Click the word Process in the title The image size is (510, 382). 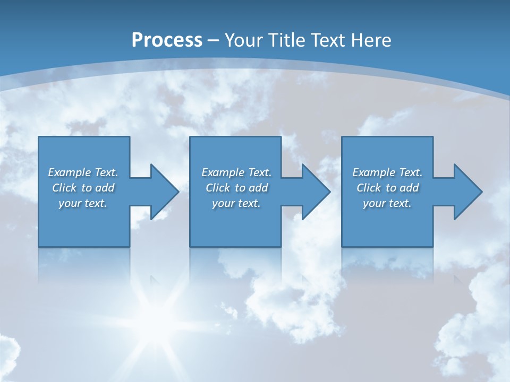[x=167, y=40]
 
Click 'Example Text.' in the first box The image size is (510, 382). [x=83, y=172]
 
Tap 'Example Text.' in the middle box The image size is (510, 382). [x=236, y=172]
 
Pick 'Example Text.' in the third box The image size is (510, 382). [x=387, y=172]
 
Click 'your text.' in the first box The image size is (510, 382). [x=83, y=203]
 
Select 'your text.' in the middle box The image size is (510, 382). [x=236, y=203]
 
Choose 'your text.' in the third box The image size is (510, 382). [x=387, y=203]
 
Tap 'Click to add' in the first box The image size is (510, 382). [x=83, y=188]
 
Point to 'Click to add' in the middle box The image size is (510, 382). [x=236, y=188]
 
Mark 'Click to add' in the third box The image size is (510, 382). [x=387, y=188]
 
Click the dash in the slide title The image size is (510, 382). [x=214, y=40]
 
